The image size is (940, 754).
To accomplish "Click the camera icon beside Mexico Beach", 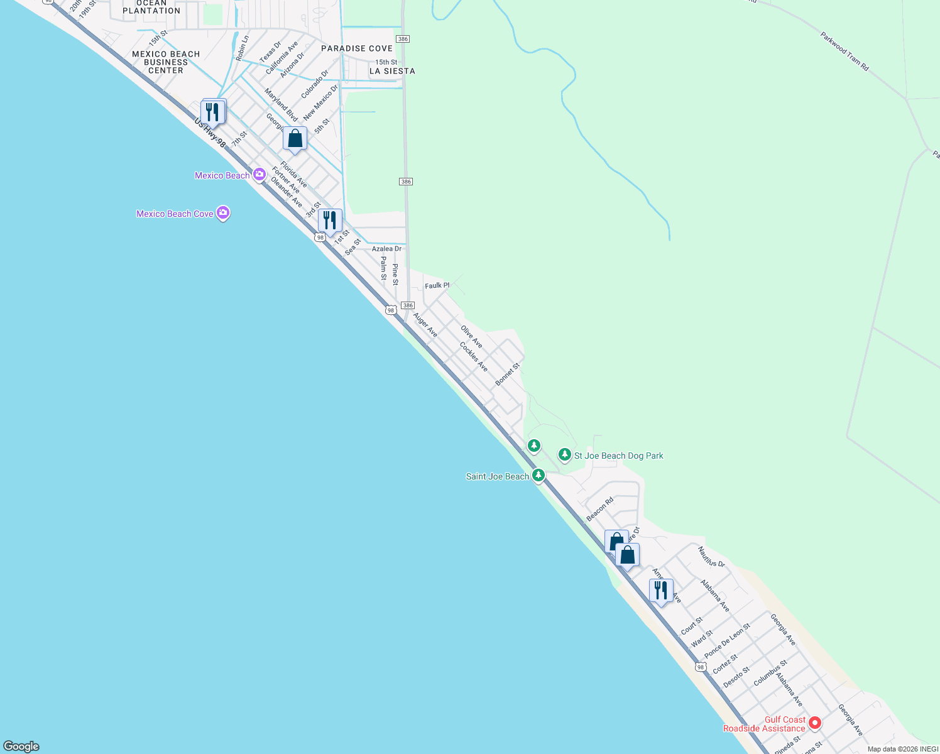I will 259,175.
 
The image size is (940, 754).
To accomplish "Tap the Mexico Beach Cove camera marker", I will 222,213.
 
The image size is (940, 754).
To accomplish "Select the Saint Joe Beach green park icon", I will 538,476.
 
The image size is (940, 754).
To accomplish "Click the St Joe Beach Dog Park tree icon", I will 565,455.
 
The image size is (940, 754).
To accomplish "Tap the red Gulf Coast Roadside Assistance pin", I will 815,723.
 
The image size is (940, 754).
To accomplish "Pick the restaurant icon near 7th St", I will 214,112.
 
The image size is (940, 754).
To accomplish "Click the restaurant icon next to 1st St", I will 330,221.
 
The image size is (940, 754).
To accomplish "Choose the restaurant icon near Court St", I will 661,591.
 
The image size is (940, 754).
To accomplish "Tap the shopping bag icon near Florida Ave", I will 295,139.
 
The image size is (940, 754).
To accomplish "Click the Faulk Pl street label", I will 437,285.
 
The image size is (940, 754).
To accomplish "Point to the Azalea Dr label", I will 386,249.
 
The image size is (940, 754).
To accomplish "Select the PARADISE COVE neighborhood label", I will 357,48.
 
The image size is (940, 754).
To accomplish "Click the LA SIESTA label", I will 392,71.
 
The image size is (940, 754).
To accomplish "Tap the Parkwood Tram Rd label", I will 844,51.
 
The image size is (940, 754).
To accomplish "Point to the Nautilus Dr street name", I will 711,557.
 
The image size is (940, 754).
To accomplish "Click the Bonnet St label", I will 508,374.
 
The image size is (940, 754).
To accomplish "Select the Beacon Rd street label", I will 599,510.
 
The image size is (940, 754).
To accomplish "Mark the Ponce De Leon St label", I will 727,641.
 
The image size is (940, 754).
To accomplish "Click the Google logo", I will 21,746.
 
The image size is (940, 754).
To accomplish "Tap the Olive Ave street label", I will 471,337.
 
